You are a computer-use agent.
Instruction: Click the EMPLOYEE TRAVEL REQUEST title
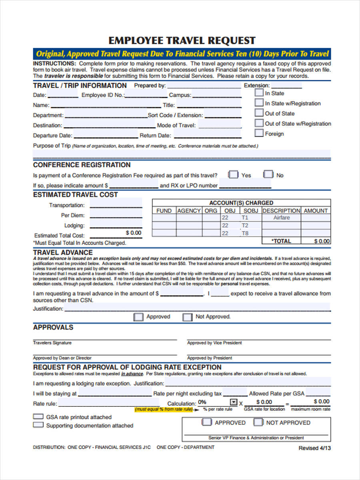(x=182, y=40)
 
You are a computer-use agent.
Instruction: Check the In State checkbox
(x=259, y=93)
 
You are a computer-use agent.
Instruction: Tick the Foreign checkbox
(x=259, y=133)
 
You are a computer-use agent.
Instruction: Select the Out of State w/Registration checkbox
(x=259, y=123)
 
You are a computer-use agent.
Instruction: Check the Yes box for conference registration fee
(x=233, y=175)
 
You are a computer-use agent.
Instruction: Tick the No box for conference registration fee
(x=268, y=175)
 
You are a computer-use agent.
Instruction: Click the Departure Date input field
(x=106, y=135)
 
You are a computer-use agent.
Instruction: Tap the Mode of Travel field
(x=220, y=125)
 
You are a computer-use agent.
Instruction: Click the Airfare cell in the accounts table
(x=281, y=218)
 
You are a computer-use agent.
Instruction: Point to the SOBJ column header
(x=251, y=210)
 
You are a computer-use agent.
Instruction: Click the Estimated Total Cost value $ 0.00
(x=133, y=233)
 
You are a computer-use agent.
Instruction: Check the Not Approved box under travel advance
(x=187, y=317)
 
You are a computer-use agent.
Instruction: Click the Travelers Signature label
(x=52, y=343)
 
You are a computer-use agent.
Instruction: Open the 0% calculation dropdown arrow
(x=233, y=402)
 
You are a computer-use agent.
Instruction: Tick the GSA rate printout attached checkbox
(x=38, y=416)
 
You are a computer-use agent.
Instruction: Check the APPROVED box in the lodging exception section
(x=207, y=422)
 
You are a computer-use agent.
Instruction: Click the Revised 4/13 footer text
(x=314, y=448)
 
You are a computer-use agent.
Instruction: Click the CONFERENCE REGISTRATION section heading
(x=82, y=165)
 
